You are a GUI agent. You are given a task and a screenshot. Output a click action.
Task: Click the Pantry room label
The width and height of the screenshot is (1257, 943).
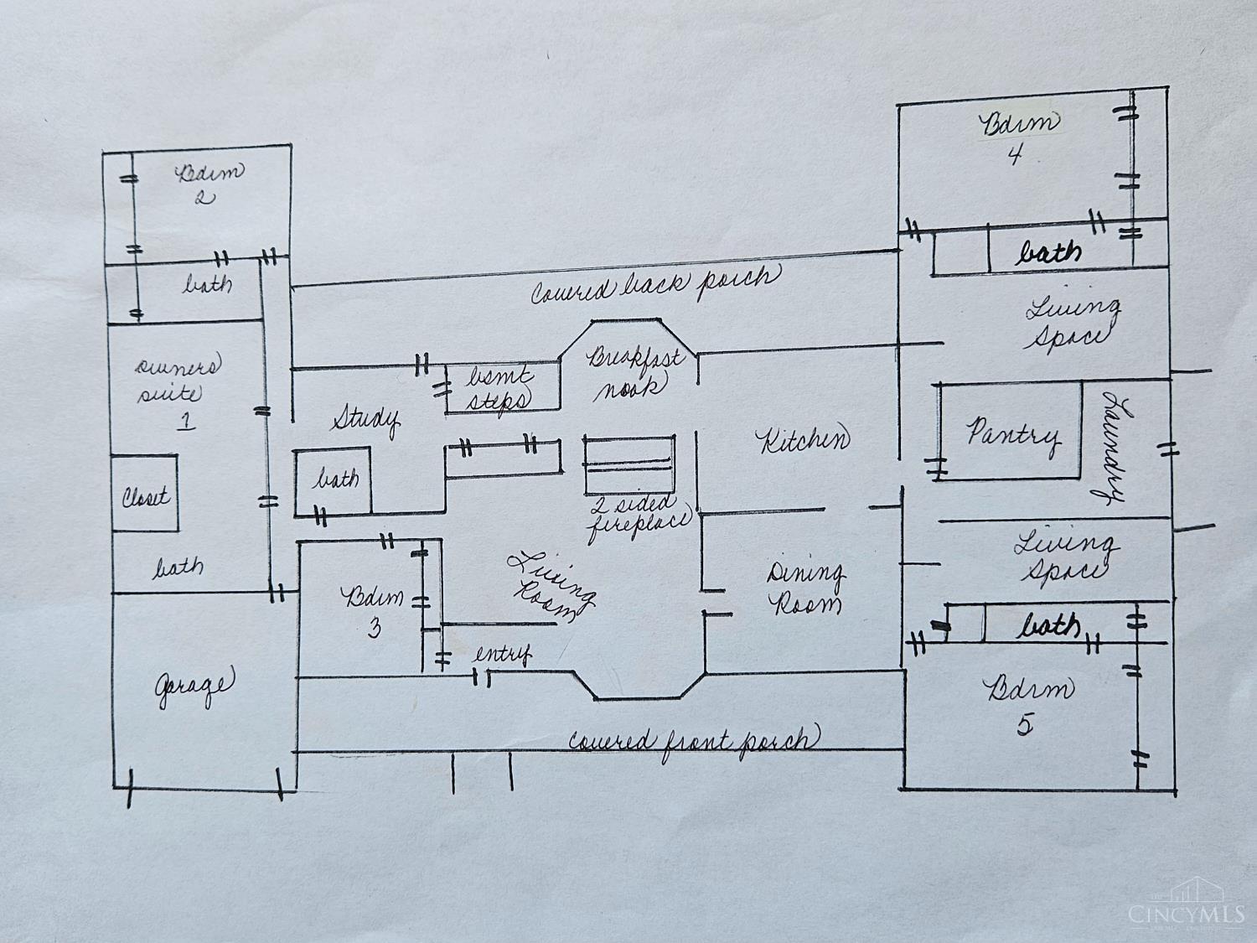(1012, 434)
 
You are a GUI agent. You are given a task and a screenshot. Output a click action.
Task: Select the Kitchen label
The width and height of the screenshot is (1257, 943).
(803, 440)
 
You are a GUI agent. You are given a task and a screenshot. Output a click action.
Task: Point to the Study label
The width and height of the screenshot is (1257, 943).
(365, 418)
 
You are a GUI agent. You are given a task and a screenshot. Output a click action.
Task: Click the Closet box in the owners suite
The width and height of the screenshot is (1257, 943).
(145, 495)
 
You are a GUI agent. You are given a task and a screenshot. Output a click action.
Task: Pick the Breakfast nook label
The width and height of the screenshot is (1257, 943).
(634, 370)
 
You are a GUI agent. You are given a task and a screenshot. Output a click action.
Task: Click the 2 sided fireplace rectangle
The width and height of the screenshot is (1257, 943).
(630, 464)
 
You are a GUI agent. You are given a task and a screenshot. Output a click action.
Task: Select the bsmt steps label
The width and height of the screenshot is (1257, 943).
(500, 387)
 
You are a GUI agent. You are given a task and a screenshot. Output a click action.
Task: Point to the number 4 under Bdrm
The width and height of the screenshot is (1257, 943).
(1015, 155)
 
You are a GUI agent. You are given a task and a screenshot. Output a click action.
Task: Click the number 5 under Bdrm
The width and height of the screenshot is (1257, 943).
(1026, 723)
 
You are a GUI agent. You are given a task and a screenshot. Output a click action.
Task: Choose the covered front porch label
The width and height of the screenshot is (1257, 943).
(693, 741)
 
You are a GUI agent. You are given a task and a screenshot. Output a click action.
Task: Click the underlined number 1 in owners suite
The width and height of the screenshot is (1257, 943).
(186, 419)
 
